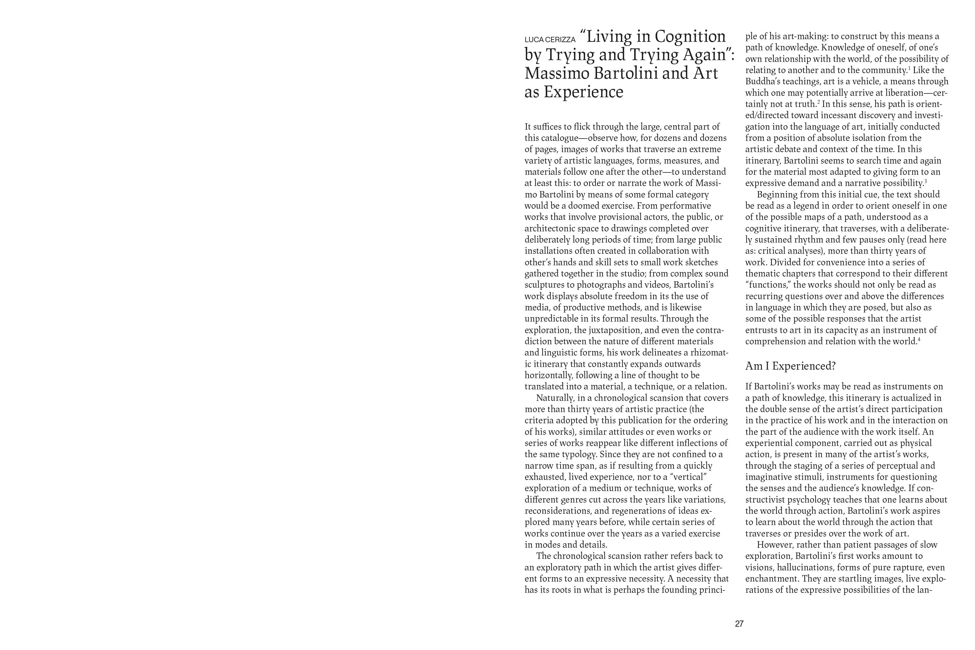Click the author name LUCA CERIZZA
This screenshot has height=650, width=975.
click(x=550, y=40)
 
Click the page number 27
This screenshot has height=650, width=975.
click(x=739, y=623)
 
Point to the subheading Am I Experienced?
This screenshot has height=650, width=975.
click(x=790, y=366)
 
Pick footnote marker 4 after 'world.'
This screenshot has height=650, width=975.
click(x=919, y=339)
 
